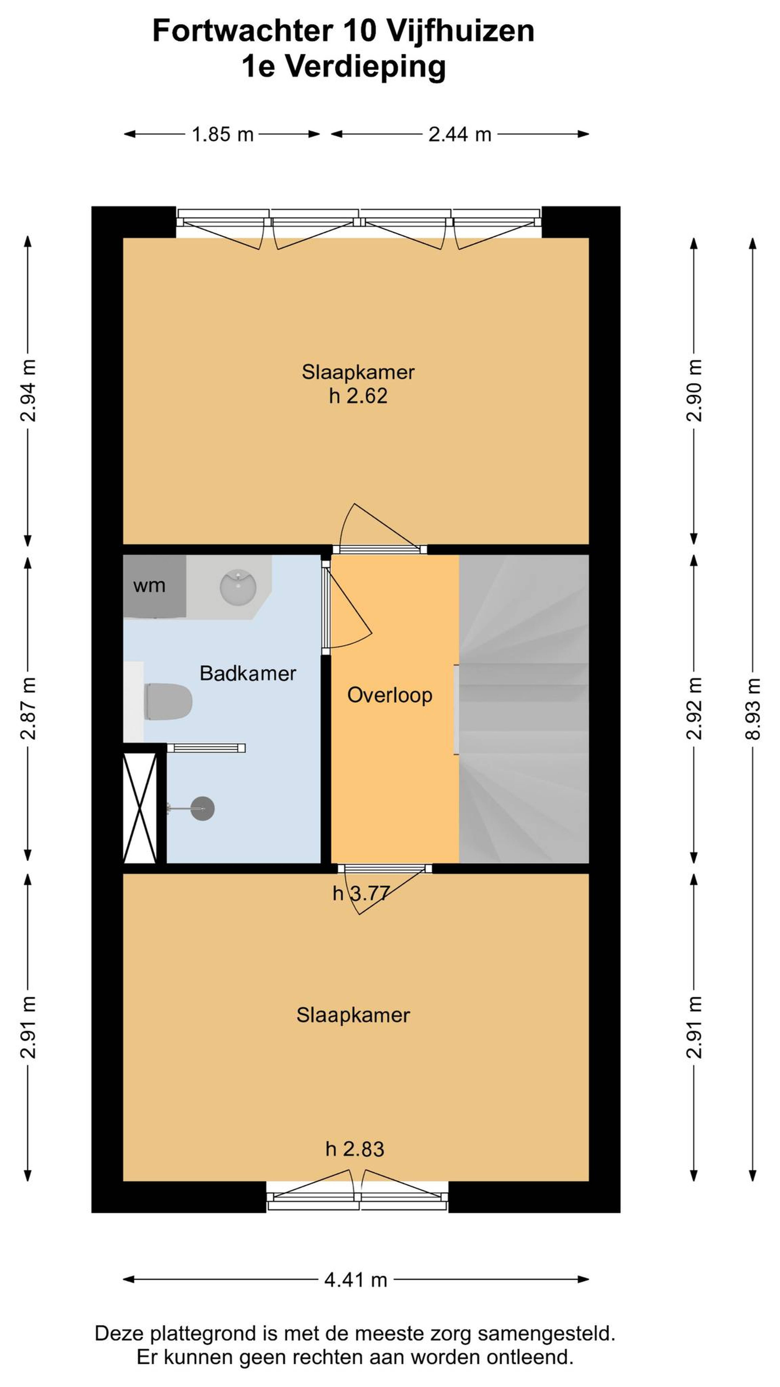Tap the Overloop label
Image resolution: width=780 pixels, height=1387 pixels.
[x=390, y=695]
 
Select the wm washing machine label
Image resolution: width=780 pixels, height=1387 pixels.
[x=149, y=586]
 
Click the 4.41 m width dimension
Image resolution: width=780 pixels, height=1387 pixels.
[x=356, y=1279]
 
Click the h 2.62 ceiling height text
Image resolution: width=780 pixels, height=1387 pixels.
[x=358, y=396]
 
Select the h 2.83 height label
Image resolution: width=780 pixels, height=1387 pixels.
[x=355, y=1149]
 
